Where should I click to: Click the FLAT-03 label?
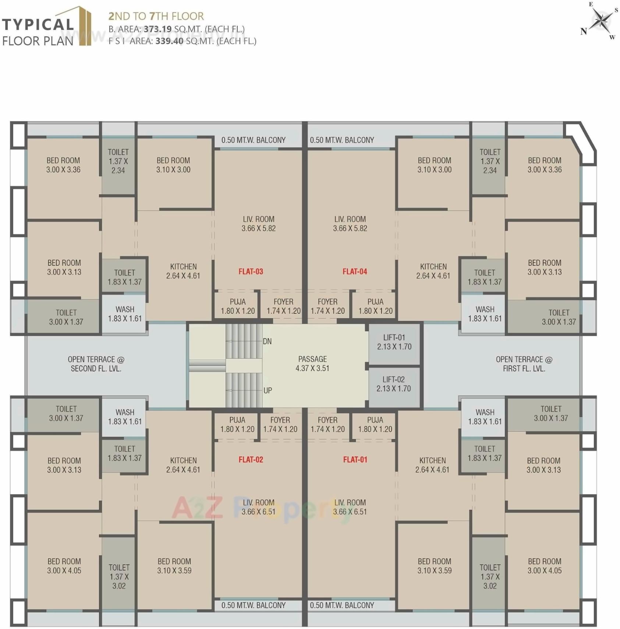click(251, 272)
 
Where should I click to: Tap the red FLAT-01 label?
click(355, 460)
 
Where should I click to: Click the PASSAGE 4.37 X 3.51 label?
click(312, 364)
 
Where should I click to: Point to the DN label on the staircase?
click(268, 341)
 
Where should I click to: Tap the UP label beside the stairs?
click(268, 390)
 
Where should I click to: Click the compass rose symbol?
click(600, 21)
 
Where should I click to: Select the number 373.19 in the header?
click(157, 29)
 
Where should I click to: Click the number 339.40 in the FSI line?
click(169, 41)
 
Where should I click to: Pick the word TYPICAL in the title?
click(38, 25)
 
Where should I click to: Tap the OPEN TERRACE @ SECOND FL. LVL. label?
click(96, 364)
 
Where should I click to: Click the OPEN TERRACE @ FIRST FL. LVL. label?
click(524, 364)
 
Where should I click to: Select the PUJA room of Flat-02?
click(237, 424)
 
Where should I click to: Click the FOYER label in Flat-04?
click(327, 306)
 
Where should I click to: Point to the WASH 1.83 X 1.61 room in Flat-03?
click(125, 314)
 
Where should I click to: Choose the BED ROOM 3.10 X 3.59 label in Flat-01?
click(435, 566)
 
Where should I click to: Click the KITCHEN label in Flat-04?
click(433, 271)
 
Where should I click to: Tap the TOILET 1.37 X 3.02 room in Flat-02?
click(119, 576)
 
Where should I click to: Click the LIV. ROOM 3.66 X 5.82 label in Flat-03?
click(259, 223)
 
